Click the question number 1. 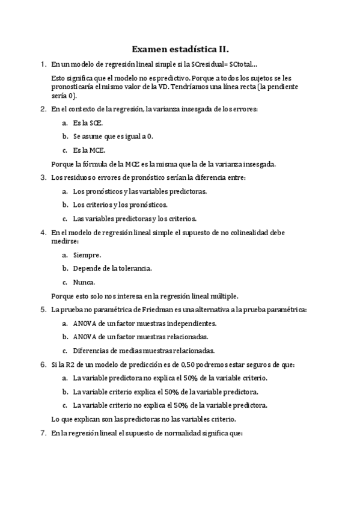tap(43, 64)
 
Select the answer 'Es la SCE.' tap(88, 122)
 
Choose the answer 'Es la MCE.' tap(88, 150)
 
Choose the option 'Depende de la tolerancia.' tap(112, 268)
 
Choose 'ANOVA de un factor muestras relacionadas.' tap(140, 337)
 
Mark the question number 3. tap(43, 177)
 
